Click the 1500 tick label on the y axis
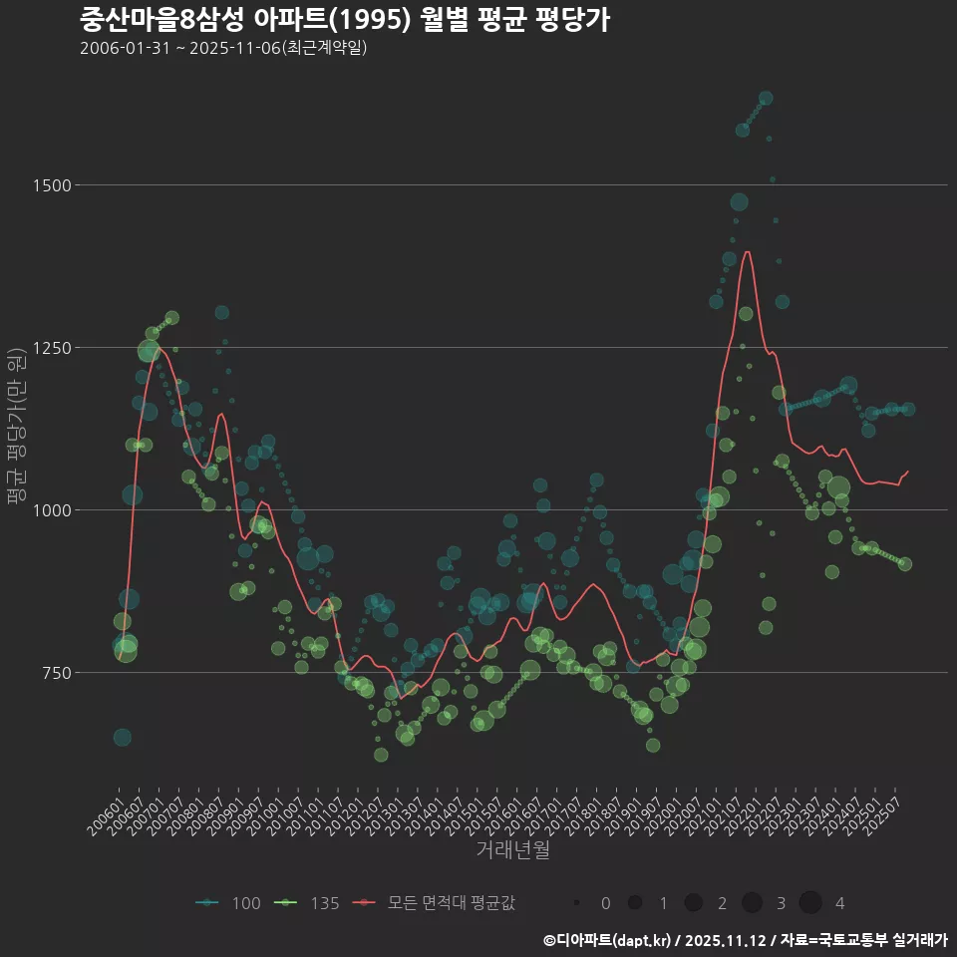pyautogui.click(x=52, y=185)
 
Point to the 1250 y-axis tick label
pyautogui.click(x=52, y=348)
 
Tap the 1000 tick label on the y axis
pyautogui.click(x=52, y=510)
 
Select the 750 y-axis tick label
pyautogui.click(x=56, y=673)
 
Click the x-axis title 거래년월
pyautogui.click(x=513, y=849)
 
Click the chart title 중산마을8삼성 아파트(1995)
pyautogui.click(x=344, y=19)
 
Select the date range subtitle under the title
pyautogui.click(x=223, y=48)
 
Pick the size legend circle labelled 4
pyautogui.click(x=810, y=903)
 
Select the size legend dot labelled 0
pyautogui.click(x=577, y=903)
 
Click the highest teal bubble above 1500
pyautogui.click(x=766, y=98)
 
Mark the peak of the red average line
pyautogui.click(x=748, y=252)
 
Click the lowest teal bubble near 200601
pyautogui.click(x=122, y=738)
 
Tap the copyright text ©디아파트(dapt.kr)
pyautogui.click(x=607, y=940)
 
